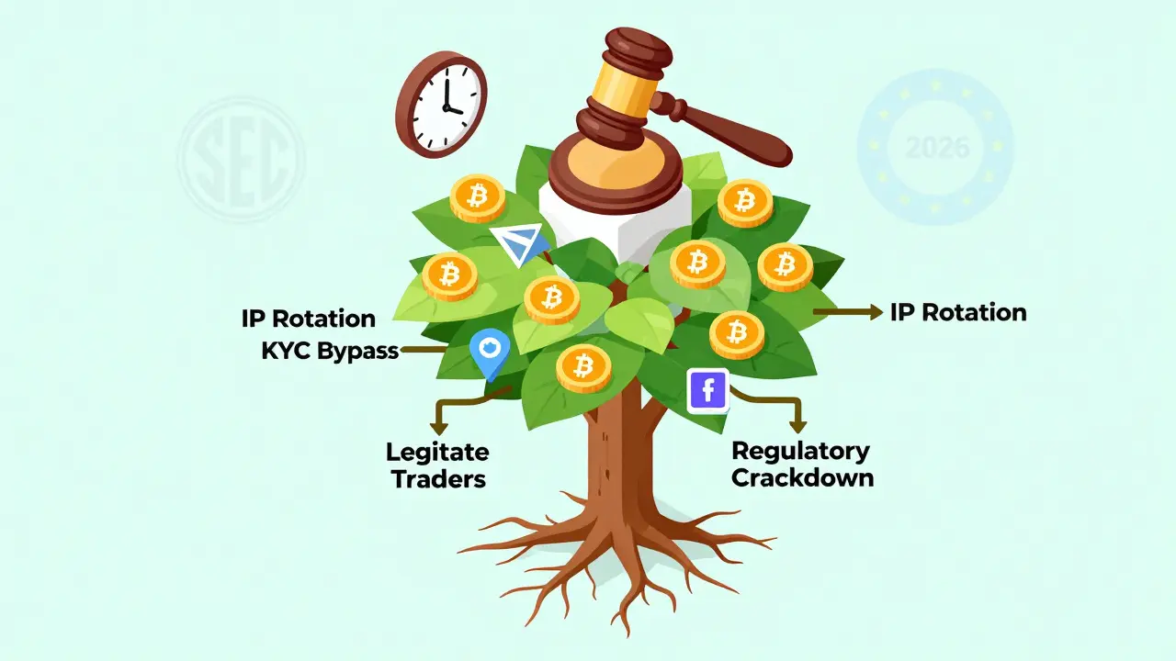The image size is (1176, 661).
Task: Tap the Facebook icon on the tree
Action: pyautogui.click(x=707, y=391)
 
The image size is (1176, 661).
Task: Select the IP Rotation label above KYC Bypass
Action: pyautogui.click(x=309, y=319)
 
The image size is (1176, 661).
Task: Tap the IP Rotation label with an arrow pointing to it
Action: pyautogui.click(x=958, y=312)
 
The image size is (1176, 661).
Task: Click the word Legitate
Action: pyautogui.click(x=437, y=452)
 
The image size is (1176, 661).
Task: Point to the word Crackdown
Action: pyautogui.click(x=802, y=478)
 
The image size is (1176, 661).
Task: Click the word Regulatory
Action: pyautogui.click(x=800, y=451)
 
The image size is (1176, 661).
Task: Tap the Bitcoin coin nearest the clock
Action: pyautogui.click(x=477, y=196)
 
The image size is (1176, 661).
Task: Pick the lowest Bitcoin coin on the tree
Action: pyautogui.click(x=582, y=369)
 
